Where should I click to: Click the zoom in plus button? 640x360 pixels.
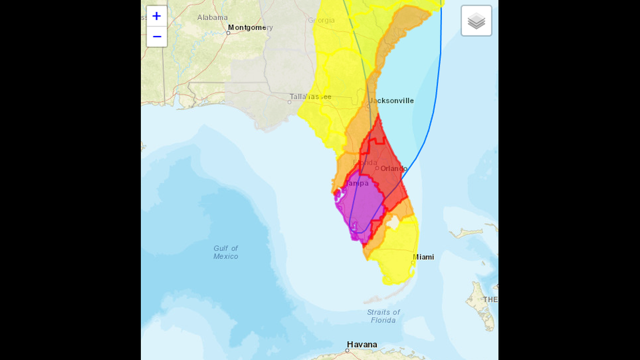point(157,16)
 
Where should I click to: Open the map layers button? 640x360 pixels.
point(476,21)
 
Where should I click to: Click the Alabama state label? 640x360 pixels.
point(212,17)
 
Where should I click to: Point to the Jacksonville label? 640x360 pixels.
point(392,101)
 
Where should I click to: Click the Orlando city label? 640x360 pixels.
point(394,168)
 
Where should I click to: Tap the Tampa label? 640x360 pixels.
point(357,183)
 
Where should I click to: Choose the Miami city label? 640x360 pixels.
point(424,257)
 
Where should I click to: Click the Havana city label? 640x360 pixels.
point(362,344)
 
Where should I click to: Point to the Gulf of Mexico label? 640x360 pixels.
point(226,252)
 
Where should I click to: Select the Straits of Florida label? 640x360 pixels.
point(383,316)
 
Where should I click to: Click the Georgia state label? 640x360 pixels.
point(321,20)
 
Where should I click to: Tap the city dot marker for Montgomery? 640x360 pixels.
point(228,33)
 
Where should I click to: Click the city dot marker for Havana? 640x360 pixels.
point(347,350)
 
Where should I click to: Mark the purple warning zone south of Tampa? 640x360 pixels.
point(365,208)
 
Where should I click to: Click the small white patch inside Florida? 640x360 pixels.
point(393,223)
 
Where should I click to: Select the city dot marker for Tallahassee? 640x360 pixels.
point(291,102)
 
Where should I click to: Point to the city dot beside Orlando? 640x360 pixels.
point(377,168)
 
